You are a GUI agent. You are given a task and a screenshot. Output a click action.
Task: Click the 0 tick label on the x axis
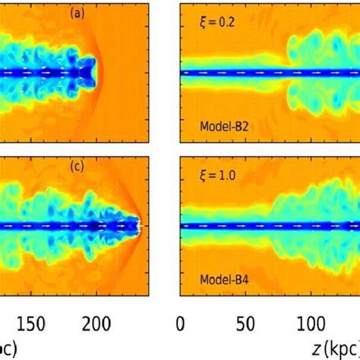pyautogui.click(x=181, y=322)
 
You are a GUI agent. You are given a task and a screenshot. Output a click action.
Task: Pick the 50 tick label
pyautogui.click(x=245, y=322)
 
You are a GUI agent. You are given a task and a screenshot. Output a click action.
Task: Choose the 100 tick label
pyautogui.click(x=311, y=322)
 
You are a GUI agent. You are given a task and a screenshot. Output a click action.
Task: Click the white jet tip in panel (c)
pyautogui.click(x=137, y=226)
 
